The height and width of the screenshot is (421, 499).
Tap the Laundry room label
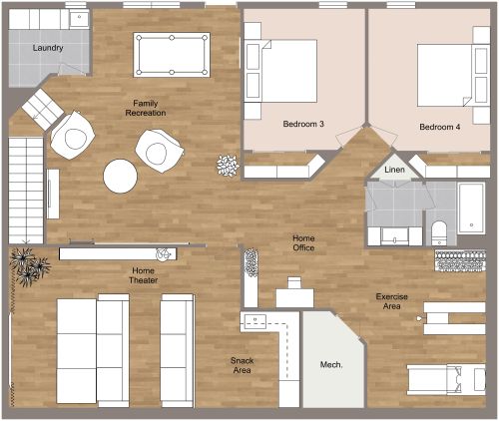pyautogui.click(x=48, y=48)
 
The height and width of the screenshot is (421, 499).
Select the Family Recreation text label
pyautogui.click(x=146, y=108)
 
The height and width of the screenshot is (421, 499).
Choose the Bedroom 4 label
pyautogui.click(x=440, y=127)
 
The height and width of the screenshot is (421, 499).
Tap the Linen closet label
pyautogui.click(x=395, y=172)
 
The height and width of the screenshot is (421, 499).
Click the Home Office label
pyautogui.click(x=303, y=242)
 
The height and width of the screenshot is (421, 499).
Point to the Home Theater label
pyautogui.click(x=143, y=275)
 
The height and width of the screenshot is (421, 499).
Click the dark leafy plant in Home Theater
pyautogui.click(x=29, y=265)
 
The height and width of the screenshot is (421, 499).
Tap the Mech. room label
pyautogui.click(x=331, y=365)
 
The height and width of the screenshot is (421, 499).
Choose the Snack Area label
pyautogui.click(x=242, y=365)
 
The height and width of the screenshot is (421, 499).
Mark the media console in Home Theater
pyautogui.click(x=117, y=253)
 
